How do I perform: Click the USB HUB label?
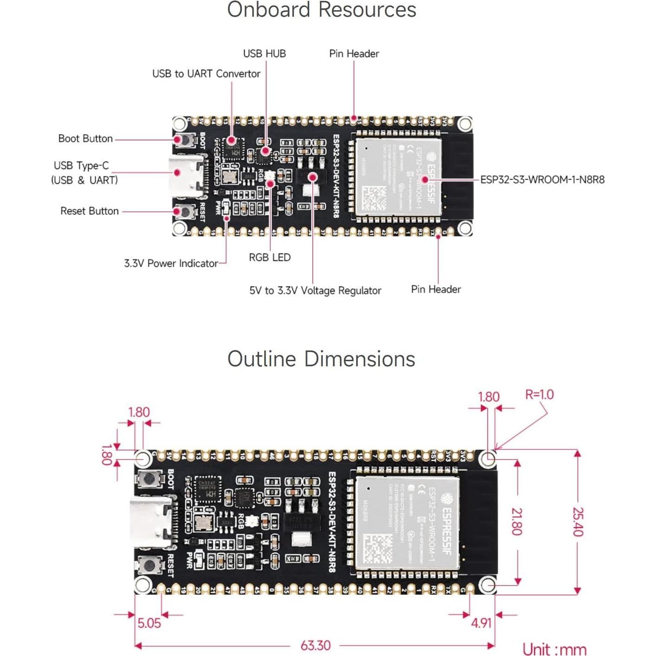tap(264, 54)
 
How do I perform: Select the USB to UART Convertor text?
tap(206, 74)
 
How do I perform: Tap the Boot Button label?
tap(85, 139)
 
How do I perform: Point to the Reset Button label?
tap(90, 211)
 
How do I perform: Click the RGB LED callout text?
tap(269, 258)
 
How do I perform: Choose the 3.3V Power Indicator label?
tap(171, 264)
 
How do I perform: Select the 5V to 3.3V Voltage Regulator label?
tap(315, 291)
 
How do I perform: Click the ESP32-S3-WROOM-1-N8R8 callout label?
tap(542, 180)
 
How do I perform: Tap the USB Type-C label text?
tap(81, 166)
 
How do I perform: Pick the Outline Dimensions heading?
tap(321, 359)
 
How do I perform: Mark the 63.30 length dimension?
tap(315, 645)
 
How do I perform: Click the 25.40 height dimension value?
tap(578, 521)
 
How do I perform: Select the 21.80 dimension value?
tap(516, 521)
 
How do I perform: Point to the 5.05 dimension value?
tap(149, 623)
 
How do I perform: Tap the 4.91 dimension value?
tap(481, 623)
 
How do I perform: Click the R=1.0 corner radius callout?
tap(539, 395)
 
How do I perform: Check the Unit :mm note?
tap(554, 649)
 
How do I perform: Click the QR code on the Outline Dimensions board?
tap(377, 548)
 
